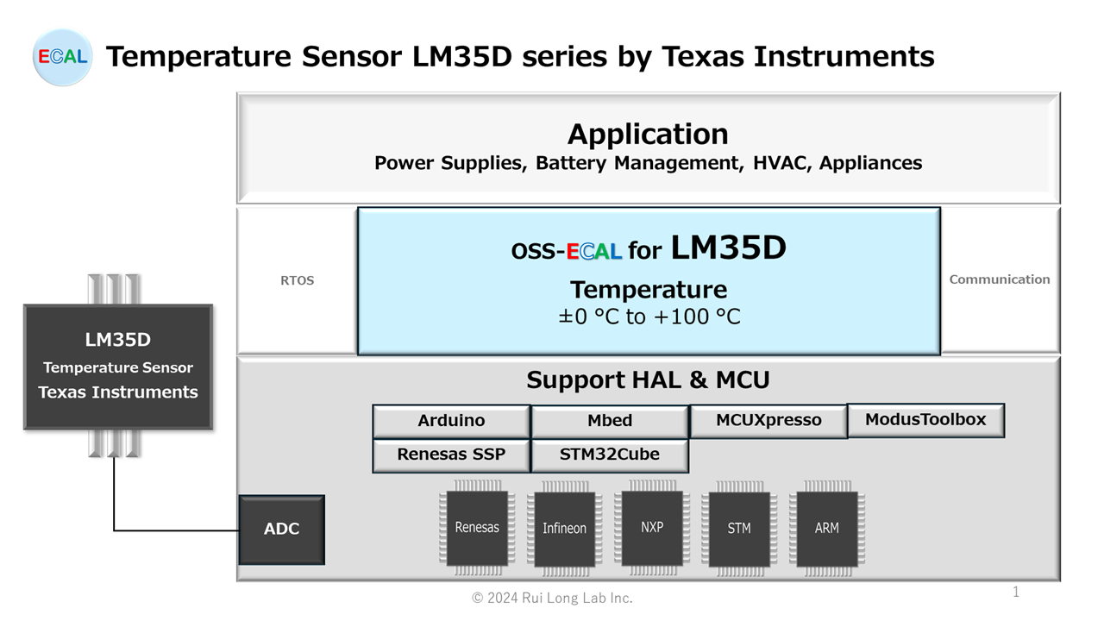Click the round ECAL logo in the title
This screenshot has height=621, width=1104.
coord(62,57)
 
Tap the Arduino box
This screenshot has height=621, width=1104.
coord(451,421)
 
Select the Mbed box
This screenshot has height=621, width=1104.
coord(610,421)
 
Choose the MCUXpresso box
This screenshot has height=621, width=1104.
coord(768,421)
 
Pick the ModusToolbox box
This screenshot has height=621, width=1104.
coord(925,419)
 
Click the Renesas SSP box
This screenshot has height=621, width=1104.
coord(451,455)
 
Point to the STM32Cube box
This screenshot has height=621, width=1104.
coord(610,455)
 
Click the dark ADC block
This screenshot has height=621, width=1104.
coord(281,529)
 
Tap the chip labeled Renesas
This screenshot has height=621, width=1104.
coord(477,528)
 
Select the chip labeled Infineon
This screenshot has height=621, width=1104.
coord(564,529)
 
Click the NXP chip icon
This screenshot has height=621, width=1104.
coord(652,527)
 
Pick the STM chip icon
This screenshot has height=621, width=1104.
coord(739,529)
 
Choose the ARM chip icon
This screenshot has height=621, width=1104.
coord(826,529)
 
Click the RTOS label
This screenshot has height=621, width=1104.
coord(297,280)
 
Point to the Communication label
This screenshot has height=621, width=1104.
coord(1000,279)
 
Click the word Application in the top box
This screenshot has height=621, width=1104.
coord(648,135)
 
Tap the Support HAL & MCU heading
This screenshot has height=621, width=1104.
coord(648,379)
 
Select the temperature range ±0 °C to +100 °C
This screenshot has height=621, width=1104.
coord(649,317)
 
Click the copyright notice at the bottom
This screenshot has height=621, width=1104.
coord(552,598)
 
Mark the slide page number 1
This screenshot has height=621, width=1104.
coord(1016,592)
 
